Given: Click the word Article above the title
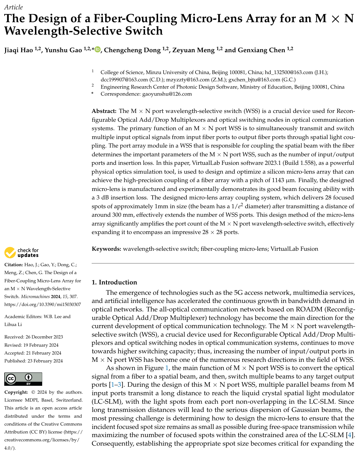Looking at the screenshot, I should coord(14,7).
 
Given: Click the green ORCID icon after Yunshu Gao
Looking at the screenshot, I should coord(97,49).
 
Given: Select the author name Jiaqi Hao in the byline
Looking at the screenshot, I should coord(19,50).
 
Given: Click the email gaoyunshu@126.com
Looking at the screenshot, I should coord(167,94).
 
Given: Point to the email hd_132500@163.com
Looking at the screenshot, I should coord(289,72).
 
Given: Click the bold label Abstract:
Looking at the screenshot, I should coord(104,111).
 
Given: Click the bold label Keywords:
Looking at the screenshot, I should coord(107,249).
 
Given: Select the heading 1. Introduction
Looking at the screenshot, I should coord(114,282).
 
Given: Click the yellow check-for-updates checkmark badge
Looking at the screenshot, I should coord(10,253).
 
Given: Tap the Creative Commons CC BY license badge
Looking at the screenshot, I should coord(23,379).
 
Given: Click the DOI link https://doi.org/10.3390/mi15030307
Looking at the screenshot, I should coord(43,304).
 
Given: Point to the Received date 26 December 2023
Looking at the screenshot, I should coord(44,337).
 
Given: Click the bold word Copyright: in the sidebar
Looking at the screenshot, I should coord(16,392).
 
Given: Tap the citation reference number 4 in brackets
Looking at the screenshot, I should coord(350,435).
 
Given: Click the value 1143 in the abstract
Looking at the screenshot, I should coord(278,180).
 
